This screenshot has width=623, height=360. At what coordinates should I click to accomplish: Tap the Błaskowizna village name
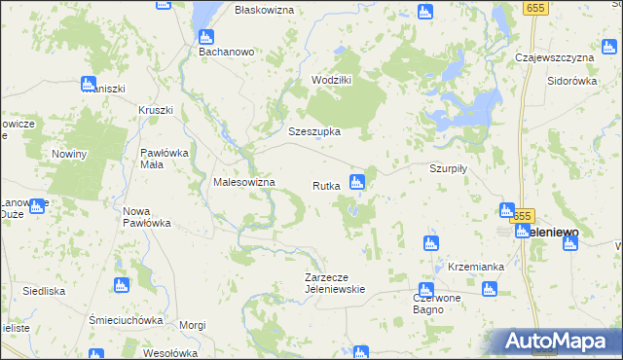[263, 9]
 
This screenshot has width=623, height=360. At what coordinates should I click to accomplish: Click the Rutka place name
[325, 185]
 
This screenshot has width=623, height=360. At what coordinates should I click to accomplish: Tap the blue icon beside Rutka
[357, 181]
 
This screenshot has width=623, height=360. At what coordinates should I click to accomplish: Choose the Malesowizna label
[244, 182]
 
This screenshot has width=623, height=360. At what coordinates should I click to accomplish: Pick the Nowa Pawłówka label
[147, 216]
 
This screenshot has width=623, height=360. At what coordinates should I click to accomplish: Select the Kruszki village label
[156, 110]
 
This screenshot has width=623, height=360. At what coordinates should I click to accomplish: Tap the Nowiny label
[70, 154]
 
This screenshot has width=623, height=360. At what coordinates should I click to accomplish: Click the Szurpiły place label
[450, 167]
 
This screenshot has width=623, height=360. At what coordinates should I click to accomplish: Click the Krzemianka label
[476, 266]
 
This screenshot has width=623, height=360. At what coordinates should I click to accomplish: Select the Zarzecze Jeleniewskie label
[335, 282]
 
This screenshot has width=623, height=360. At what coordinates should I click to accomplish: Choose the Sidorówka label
[571, 82]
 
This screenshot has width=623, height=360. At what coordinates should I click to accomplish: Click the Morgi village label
[194, 324]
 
